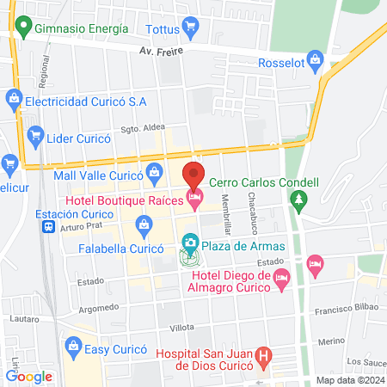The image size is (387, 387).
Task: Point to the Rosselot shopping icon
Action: coord(316,60)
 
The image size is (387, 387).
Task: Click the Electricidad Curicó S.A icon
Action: coord(13,99)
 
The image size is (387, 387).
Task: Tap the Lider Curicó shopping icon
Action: coord(35,134)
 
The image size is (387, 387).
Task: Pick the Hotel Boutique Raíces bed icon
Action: coord(195,200)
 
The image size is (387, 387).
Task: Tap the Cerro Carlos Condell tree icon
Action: coord(299,200)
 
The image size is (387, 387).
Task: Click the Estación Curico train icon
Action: coord(49,227)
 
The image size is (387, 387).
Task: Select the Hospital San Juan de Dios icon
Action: coord(264,353)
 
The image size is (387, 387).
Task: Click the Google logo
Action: coord(28,376)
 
